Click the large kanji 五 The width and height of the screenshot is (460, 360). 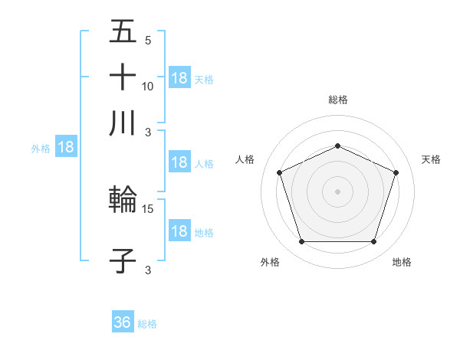coord(123,33)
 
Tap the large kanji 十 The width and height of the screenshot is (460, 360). coord(123,78)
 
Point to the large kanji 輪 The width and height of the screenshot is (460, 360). coord(123,201)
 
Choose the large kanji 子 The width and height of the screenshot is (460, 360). coord(123,260)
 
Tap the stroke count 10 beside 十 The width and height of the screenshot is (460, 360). coord(148,86)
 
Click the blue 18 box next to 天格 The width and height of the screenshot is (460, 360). coord(179,77)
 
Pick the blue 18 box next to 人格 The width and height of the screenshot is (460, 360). coord(179,162)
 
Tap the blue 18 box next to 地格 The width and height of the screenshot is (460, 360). coord(179,231)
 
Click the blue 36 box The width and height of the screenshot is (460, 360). coord(123,322)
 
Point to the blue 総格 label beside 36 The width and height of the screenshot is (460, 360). coord(147,324)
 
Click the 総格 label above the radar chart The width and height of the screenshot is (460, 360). coord(338,100)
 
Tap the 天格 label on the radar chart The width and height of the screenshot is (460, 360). coord(432,159)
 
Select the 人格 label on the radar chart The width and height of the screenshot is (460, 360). coord(245,159)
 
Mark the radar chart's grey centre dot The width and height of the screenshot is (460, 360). coord(338,191)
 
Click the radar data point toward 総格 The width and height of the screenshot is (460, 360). coord(338,146)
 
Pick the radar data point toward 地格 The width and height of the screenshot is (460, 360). coord(374,242)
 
